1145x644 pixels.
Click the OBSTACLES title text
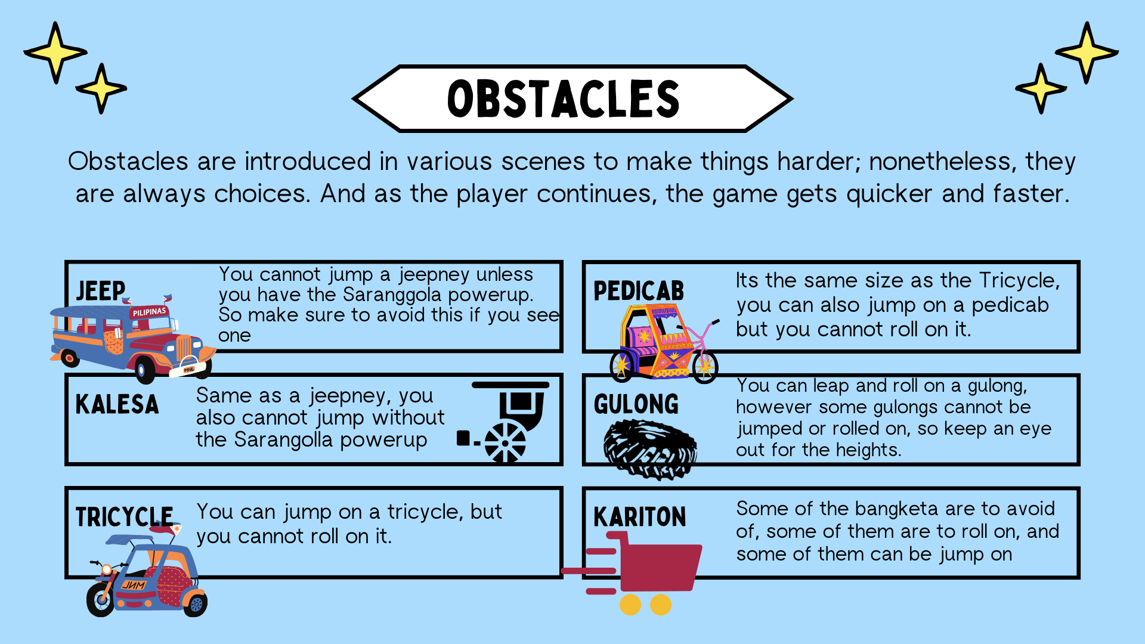(564, 98)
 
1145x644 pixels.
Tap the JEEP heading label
(101, 291)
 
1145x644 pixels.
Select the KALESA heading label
(117, 404)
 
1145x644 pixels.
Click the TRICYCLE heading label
(124, 517)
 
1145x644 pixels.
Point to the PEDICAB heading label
(639, 291)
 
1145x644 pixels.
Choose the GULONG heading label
(636, 404)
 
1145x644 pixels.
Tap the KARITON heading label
(640, 517)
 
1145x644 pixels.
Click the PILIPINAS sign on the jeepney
(149, 312)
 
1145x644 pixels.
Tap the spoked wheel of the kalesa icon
(505, 442)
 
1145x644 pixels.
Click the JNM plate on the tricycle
(134, 585)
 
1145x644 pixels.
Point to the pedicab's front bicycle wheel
(705, 366)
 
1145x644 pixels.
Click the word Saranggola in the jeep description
(393, 295)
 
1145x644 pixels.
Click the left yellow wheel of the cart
(630, 604)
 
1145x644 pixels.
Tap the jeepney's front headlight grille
(183, 348)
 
